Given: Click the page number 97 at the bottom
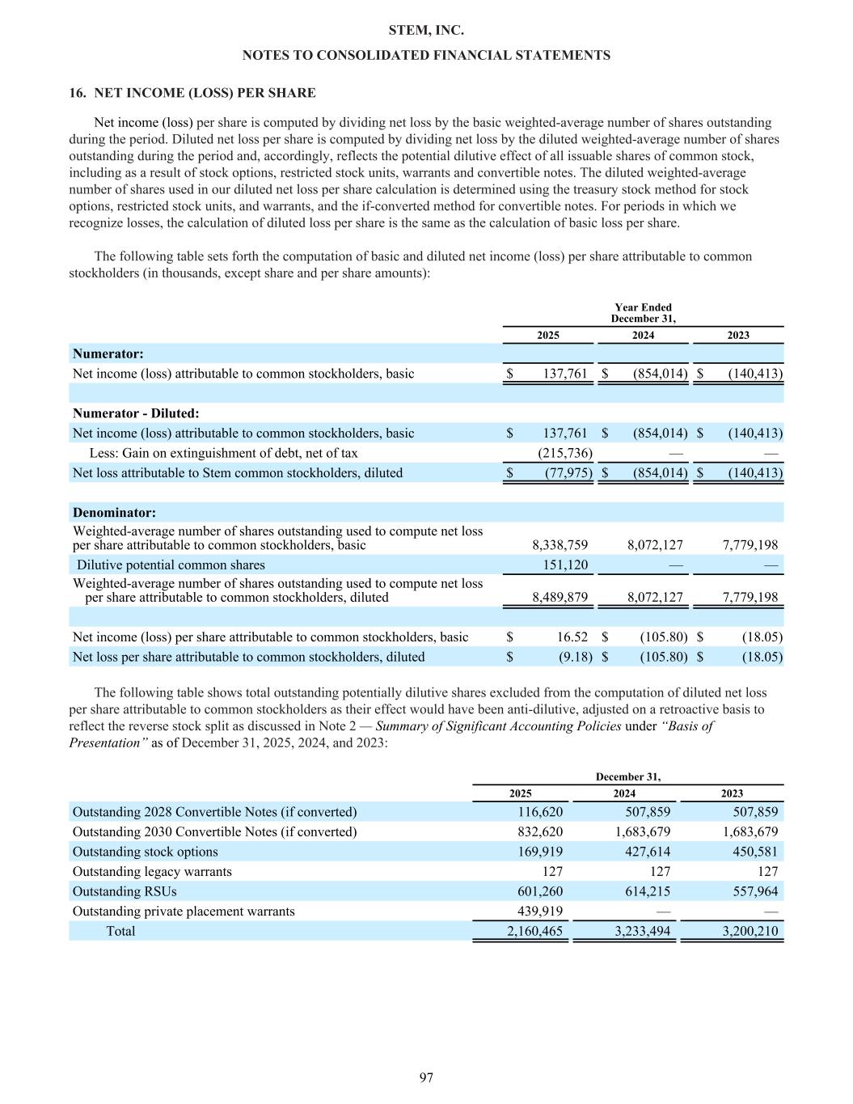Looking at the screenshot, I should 426,1077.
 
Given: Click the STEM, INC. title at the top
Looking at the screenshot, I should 426,31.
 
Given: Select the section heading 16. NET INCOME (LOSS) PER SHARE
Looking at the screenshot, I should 192,93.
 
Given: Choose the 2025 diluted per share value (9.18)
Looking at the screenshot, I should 570,657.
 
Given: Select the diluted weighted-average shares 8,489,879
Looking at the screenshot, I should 560,598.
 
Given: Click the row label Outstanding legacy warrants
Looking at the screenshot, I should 152,872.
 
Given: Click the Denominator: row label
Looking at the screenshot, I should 114,514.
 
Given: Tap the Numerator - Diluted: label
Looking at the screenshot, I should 136,413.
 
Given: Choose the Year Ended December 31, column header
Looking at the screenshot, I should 643,313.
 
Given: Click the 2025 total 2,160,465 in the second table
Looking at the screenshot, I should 534,931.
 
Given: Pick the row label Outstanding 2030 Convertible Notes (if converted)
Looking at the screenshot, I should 214,831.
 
